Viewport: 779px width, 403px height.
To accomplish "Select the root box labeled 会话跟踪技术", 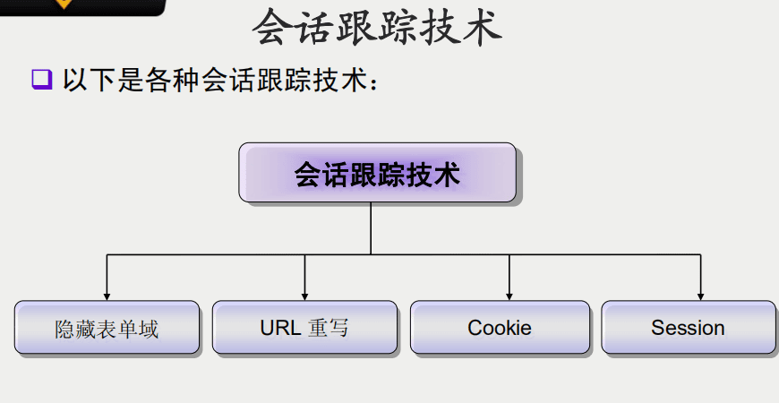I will click(x=377, y=173).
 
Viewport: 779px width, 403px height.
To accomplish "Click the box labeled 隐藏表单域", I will click(x=107, y=328).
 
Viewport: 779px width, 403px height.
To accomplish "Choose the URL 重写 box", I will click(x=304, y=328).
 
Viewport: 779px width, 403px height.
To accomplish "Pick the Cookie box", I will click(x=500, y=328).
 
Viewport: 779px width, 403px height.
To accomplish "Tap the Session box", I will click(x=688, y=328).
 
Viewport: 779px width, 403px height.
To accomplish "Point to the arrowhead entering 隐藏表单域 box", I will click(x=107, y=296).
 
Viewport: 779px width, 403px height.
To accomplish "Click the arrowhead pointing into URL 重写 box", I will click(x=304, y=296).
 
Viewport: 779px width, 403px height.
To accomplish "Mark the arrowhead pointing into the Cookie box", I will click(x=509, y=296).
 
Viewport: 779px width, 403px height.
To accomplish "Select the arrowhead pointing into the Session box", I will click(x=700, y=296).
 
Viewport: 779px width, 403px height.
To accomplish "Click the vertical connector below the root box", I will click(x=371, y=228).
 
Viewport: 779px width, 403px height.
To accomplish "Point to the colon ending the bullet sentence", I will click(x=376, y=83).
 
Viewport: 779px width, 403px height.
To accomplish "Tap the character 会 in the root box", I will click(x=308, y=174).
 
